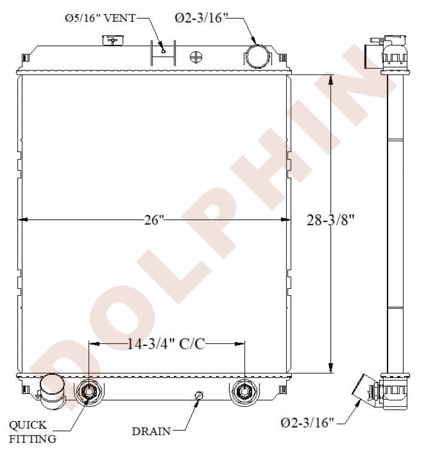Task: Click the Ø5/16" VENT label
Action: (100, 18)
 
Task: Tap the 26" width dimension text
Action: (154, 220)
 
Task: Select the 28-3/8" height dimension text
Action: (330, 220)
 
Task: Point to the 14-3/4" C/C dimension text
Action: (166, 344)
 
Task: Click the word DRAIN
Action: (151, 431)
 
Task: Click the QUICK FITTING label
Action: (32, 432)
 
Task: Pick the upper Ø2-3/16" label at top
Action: (200, 18)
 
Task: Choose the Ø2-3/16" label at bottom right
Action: (307, 423)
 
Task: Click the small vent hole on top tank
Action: (163, 51)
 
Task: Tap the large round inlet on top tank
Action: (257, 56)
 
